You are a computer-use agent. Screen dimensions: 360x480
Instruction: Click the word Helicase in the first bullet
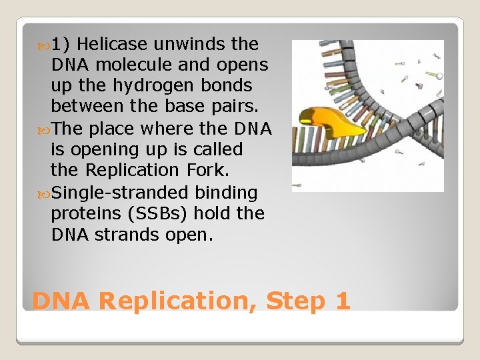pyautogui.click(x=116, y=44)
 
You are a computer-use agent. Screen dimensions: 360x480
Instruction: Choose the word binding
pyautogui.click(x=226, y=193)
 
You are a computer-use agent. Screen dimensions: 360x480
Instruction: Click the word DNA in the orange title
pyautogui.click(x=61, y=301)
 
